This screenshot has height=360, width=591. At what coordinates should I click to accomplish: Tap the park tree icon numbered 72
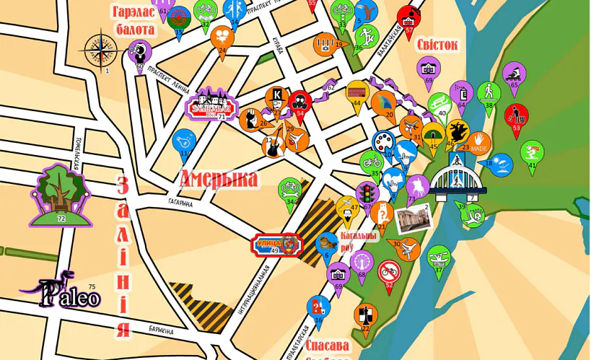[61, 193]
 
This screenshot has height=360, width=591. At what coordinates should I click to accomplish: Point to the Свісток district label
[437, 45]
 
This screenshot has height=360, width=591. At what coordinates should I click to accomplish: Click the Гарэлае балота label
[134, 21]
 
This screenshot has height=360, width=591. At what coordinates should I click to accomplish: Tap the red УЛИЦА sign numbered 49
[275, 245]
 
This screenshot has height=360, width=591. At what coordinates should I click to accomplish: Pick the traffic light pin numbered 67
[367, 193]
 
